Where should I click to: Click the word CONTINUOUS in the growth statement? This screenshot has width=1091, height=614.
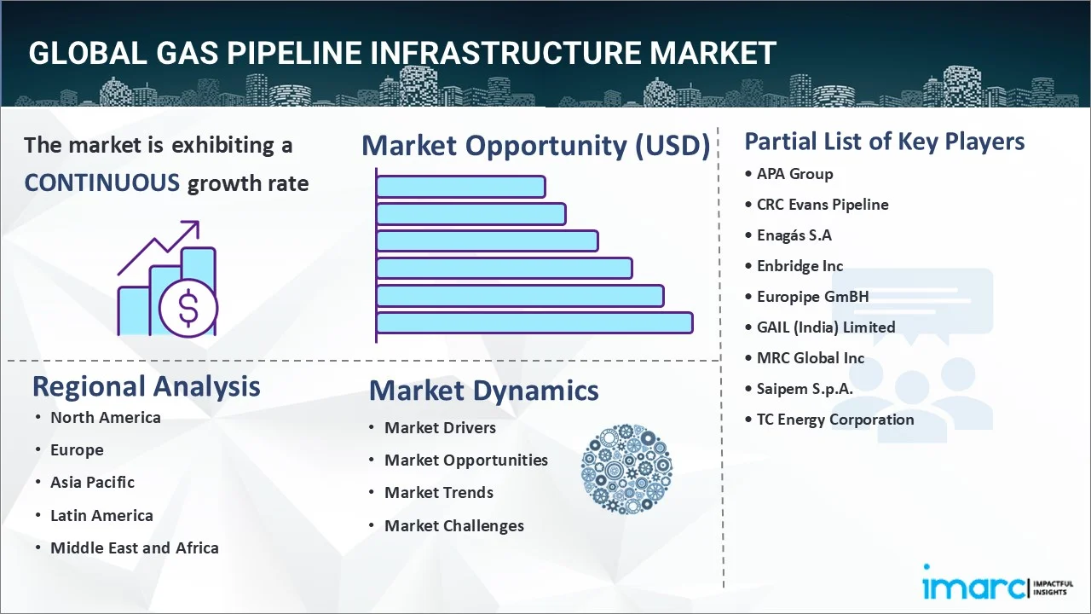(x=101, y=182)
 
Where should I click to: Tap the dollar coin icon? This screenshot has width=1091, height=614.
(x=188, y=310)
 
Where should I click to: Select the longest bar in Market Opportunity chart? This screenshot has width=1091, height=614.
(x=534, y=322)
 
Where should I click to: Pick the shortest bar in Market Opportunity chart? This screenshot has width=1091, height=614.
(x=460, y=186)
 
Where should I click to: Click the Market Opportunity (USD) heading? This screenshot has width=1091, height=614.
(x=535, y=146)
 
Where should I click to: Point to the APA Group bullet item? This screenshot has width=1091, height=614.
(x=794, y=174)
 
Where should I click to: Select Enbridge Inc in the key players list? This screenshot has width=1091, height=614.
(x=799, y=266)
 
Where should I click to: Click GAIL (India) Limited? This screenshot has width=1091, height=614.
(x=825, y=327)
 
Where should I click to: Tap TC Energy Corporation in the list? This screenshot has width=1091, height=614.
(x=834, y=420)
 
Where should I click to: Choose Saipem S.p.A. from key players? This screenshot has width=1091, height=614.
(x=805, y=389)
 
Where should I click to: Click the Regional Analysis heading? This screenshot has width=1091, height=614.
(x=146, y=386)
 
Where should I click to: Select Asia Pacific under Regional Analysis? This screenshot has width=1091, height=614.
(x=92, y=483)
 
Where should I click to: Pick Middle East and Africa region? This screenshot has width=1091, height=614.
(x=134, y=548)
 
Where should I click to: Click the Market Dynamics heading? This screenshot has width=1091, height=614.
(x=483, y=391)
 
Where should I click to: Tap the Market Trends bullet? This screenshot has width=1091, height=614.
(x=438, y=493)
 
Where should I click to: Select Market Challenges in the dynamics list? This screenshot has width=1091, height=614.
(x=453, y=526)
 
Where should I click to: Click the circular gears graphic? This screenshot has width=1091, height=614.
(x=626, y=469)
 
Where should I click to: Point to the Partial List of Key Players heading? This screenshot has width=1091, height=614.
(x=884, y=141)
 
